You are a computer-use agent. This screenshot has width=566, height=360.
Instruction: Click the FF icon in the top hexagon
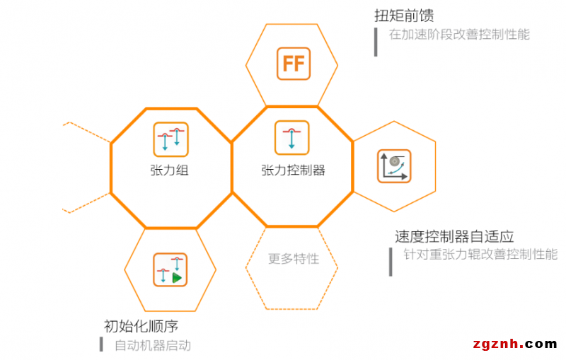pyautogui.click(x=294, y=64)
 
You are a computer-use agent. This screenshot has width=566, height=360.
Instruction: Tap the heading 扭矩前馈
pyautogui.click(x=404, y=16)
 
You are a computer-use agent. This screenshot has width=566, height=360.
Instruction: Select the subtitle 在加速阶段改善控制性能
pyautogui.click(x=459, y=35)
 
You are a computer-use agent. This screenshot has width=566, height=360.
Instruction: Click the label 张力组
pyautogui.click(x=169, y=170)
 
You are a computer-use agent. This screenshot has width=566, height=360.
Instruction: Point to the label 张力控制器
pyautogui.click(x=293, y=170)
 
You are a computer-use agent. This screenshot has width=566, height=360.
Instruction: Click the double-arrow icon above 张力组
pyautogui.click(x=171, y=139)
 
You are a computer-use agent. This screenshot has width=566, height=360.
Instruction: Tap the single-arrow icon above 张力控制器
pyautogui.click(x=291, y=138)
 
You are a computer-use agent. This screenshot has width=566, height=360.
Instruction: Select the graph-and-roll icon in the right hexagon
pyautogui.click(x=394, y=166)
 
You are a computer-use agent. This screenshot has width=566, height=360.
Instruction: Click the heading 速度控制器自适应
pyautogui.click(x=454, y=237)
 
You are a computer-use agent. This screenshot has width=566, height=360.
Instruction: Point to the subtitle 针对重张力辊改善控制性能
pyautogui.click(x=480, y=255)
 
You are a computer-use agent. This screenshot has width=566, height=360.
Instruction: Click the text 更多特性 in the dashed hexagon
pyautogui.click(x=294, y=259)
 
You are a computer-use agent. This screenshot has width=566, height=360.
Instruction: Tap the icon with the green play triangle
pyautogui.click(x=170, y=269)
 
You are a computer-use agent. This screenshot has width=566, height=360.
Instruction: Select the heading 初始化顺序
pyautogui.click(x=141, y=326)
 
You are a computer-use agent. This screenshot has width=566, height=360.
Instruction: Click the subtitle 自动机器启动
pyautogui.click(x=153, y=346)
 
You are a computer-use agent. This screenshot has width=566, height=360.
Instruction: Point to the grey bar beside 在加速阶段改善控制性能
pyautogui.click(x=376, y=42)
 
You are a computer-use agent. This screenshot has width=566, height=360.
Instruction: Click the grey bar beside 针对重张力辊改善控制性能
pyautogui.click(x=391, y=262)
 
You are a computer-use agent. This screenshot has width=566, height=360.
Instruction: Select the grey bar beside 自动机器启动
pyautogui.click(x=101, y=344)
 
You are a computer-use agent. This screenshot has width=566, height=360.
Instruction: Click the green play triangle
pyautogui.click(x=176, y=278)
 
